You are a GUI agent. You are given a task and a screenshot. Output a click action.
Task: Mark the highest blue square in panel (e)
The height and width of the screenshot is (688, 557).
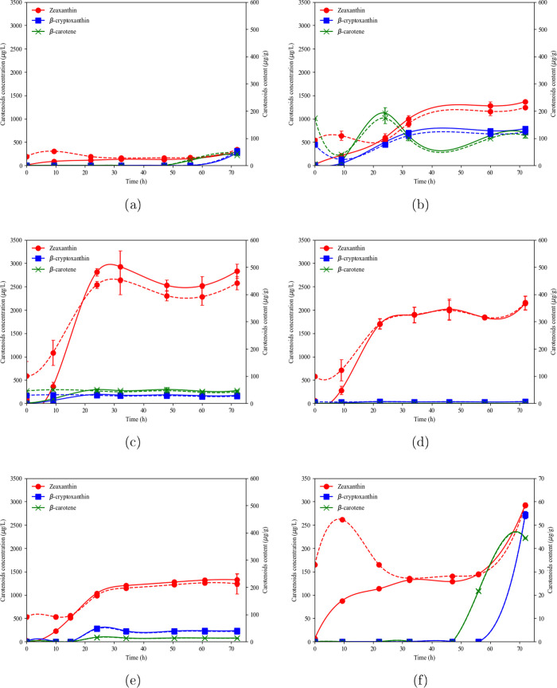(97, 635)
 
